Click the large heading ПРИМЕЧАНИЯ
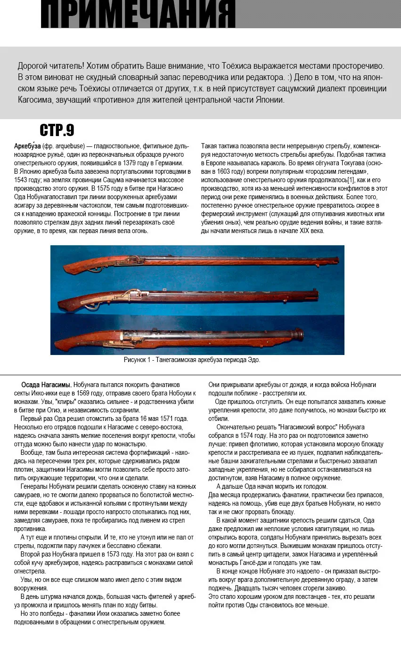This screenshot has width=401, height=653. tap(138, 14)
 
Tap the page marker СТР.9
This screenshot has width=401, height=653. tap(57, 130)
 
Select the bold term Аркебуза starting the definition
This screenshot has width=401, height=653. tap(27, 146)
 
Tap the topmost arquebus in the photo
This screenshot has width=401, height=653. tap(198, 261)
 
